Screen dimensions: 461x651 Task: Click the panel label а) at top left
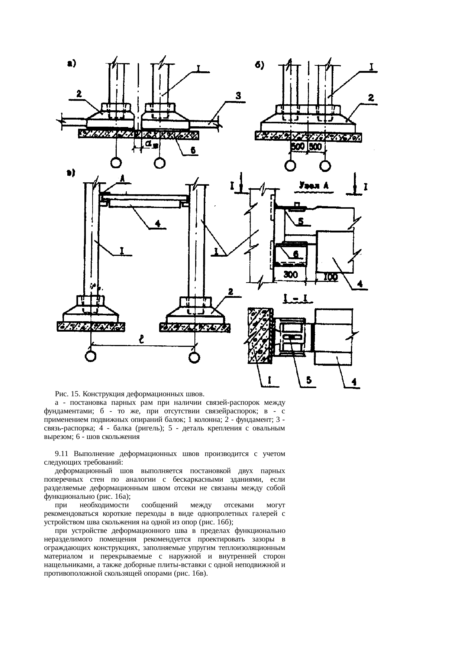tap(71, 64)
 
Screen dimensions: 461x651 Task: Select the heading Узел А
tap(312, 185)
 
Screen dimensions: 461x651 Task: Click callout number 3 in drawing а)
tap(238, 96)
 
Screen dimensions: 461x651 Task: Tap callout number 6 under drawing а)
tap(194, 150)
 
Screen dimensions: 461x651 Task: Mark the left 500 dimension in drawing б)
tap(297, 147)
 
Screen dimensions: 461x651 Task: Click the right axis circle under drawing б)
tap(325, 166)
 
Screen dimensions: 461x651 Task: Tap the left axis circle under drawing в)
tap(90, 356)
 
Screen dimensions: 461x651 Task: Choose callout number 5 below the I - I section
tap(309, 380)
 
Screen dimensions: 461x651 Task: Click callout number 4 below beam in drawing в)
tap(158, 224)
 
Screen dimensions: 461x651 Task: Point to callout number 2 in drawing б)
tap(371, 98)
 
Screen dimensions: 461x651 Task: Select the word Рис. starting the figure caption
tap(61, 394)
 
